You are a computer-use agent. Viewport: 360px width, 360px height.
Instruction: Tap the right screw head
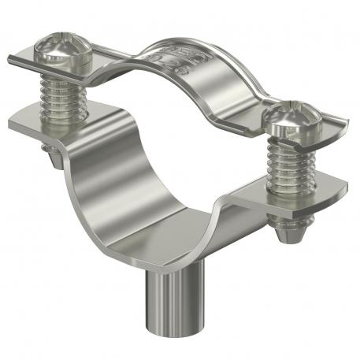click(289, 120)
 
